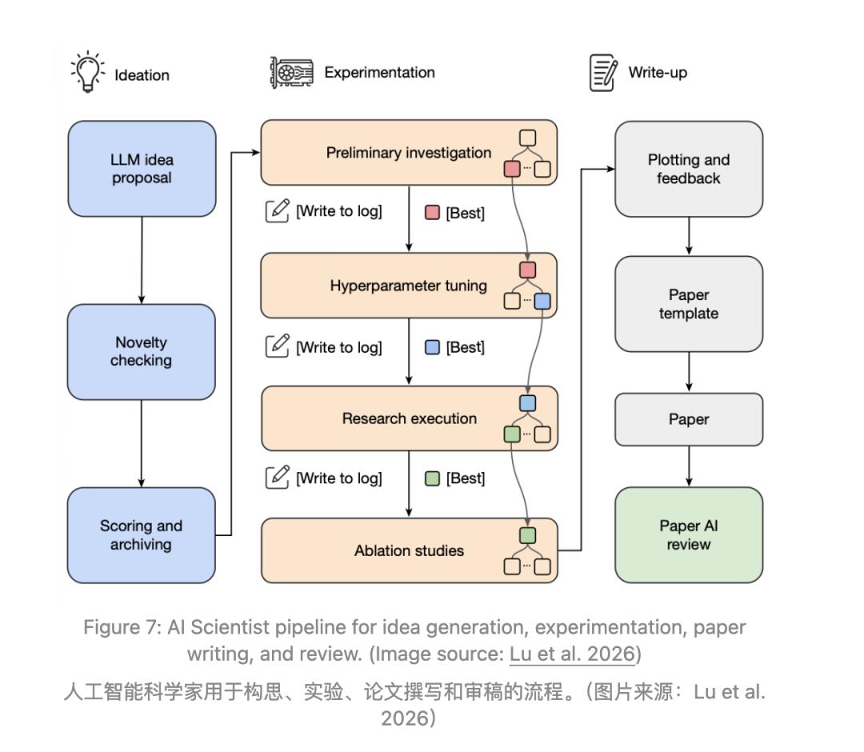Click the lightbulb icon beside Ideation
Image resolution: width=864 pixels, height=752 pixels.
click(88, 72)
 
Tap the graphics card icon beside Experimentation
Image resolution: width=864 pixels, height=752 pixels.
click(291, 72)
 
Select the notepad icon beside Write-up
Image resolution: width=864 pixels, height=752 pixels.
click(603, 72)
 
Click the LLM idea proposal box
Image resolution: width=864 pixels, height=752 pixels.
click(142, 169)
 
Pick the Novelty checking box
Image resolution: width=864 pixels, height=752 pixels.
click(141, 351)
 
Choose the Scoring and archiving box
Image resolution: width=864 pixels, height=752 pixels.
click(141, 535)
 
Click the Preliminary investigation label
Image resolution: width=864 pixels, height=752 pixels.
click(408, 153)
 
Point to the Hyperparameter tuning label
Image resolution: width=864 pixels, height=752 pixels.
click(408, 286)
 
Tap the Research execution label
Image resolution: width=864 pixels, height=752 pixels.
click(410, 418)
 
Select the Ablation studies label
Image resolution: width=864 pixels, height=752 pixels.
click(409, 550)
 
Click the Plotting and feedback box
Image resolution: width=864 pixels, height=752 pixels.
click(689, 169)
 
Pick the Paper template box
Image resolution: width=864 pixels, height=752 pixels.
click(689, 303)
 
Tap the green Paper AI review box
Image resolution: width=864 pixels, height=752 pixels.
click(689, 534)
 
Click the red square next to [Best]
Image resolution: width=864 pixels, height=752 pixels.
click(432, 213)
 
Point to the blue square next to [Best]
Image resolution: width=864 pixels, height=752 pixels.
click(432, 347)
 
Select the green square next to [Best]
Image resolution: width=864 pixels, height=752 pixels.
click(432, 478)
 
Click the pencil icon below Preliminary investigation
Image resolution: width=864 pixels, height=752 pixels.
click(277, 211)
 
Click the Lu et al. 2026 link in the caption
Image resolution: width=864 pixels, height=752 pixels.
click(573, 654)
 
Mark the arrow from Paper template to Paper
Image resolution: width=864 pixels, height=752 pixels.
click(689, 373)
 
